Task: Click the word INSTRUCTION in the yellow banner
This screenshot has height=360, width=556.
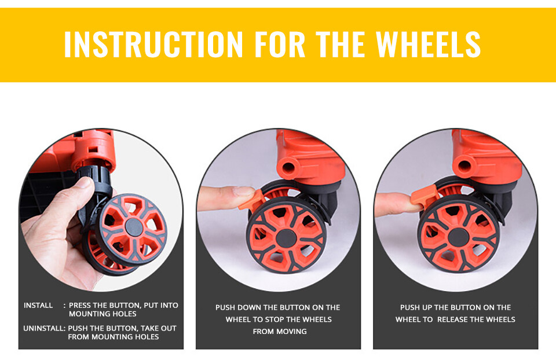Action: coord(153,45)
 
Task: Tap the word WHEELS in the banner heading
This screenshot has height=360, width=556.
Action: coord(428,45)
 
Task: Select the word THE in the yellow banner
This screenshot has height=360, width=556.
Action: coord(341,45)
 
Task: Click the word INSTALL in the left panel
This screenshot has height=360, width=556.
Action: coord(38,306)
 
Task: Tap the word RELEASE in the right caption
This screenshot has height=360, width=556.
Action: coord(452,319)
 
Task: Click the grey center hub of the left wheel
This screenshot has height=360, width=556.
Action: coord(134,227)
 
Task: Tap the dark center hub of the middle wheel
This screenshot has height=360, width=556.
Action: coord(286,238)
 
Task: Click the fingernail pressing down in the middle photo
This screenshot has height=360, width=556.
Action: coord(244,192)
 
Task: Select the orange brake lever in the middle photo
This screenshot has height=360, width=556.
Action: coord(253,200)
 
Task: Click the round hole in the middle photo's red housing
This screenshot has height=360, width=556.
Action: coord(288,168)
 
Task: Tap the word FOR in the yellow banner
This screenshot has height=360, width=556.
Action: coord(280,45)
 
